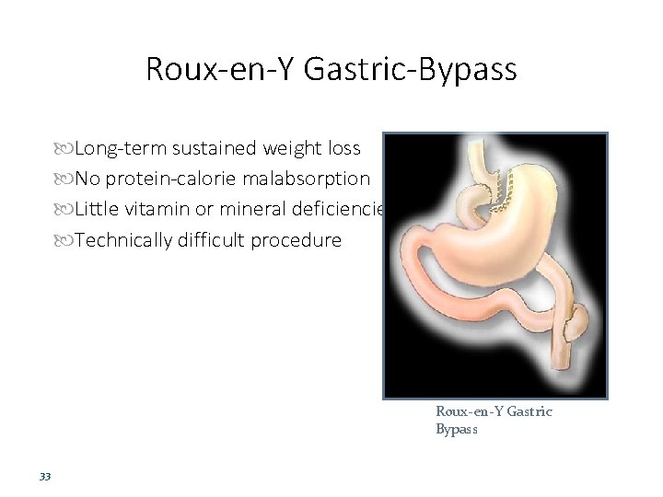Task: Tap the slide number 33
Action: pyautogui.click(x=44, y=477)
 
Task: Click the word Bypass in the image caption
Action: pyautogui.click(x=457, y=430)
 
